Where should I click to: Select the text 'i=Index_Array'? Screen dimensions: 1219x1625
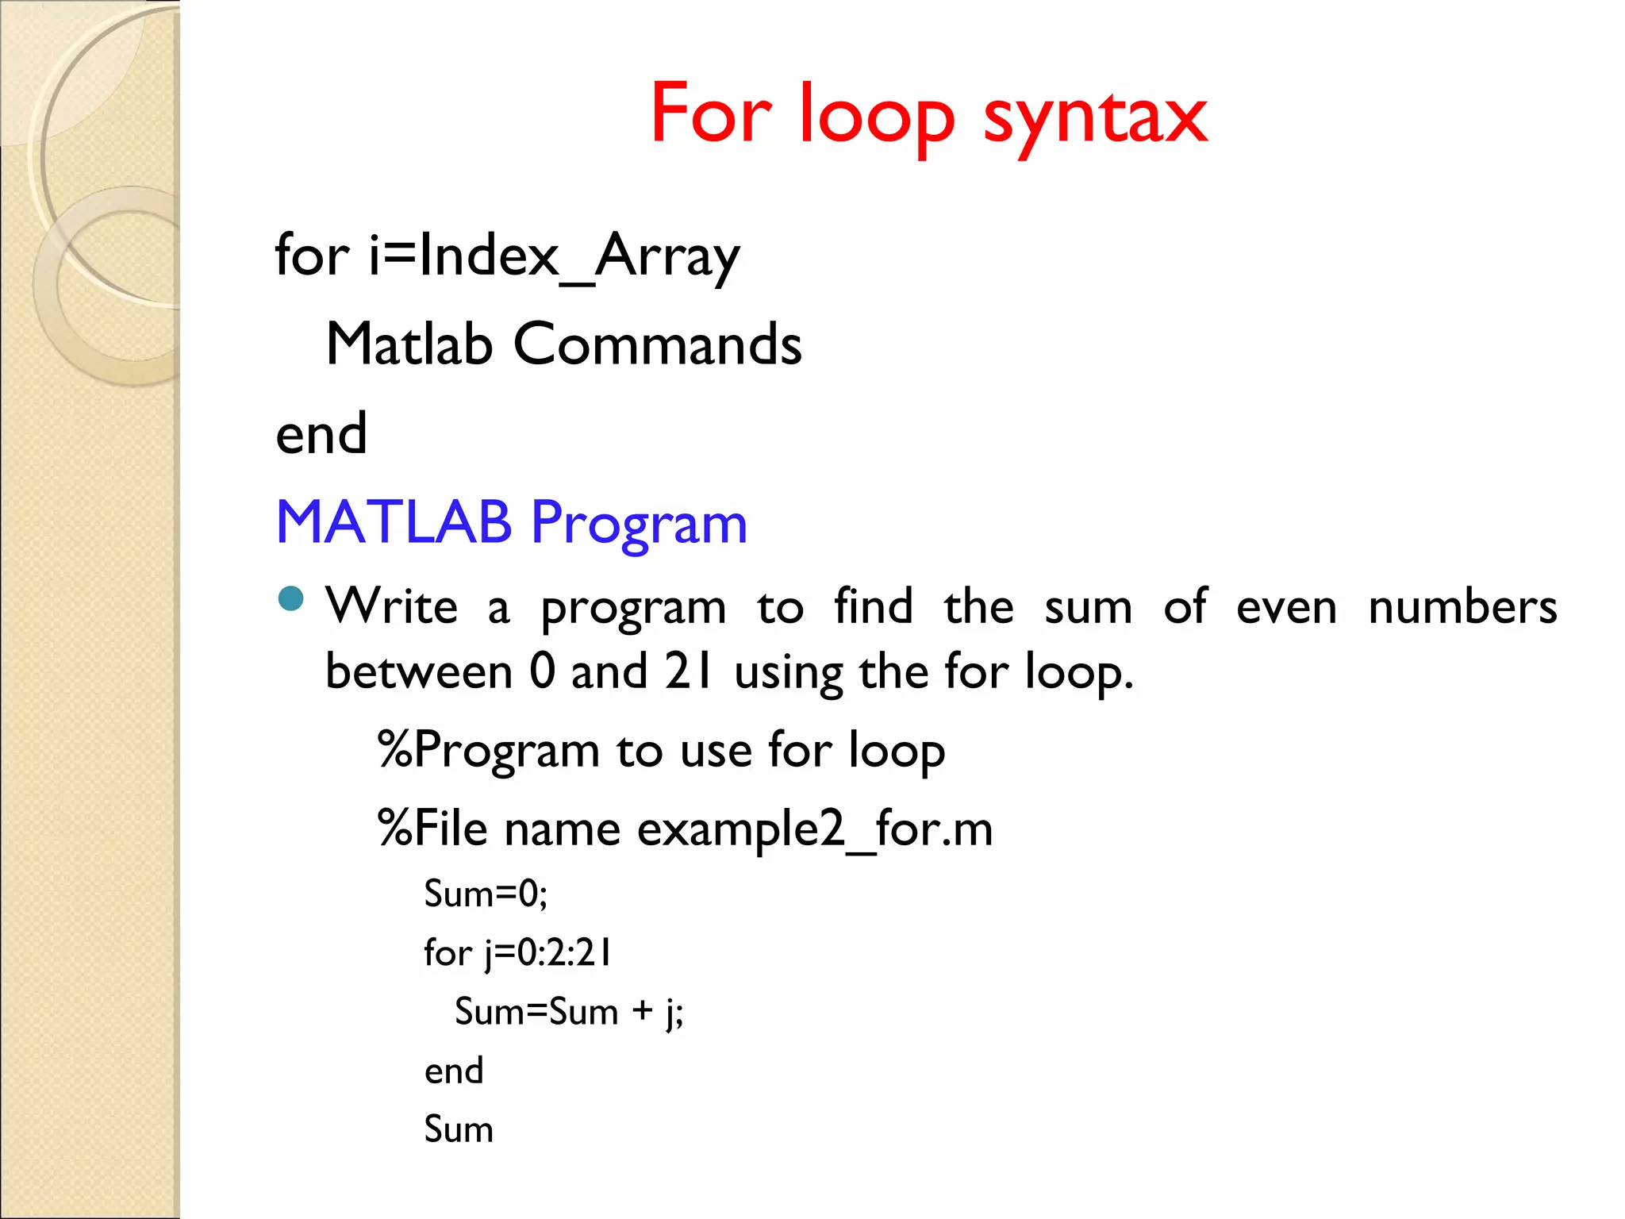tap(554, 256)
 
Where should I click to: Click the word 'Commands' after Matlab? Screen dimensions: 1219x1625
tap(657, 344)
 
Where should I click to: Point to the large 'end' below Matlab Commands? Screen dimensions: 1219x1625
tap(321, 434)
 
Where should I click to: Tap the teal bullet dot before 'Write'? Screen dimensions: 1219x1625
tap(292, 598)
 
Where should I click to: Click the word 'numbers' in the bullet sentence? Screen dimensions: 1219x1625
tap(1462, 607)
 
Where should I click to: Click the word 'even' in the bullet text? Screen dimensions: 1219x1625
tap(1286, 607)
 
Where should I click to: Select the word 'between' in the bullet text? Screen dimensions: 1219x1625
tap(419, 671)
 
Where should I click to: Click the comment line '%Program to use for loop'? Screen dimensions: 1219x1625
tap(661, 750)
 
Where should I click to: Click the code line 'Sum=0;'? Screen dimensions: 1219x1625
tap(486, 894)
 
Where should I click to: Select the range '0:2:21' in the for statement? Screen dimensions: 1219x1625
tap(564, 952)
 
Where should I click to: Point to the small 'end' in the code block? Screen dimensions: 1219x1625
tap(453, 1071)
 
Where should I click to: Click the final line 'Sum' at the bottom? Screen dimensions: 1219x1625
tap(459, 1129)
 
